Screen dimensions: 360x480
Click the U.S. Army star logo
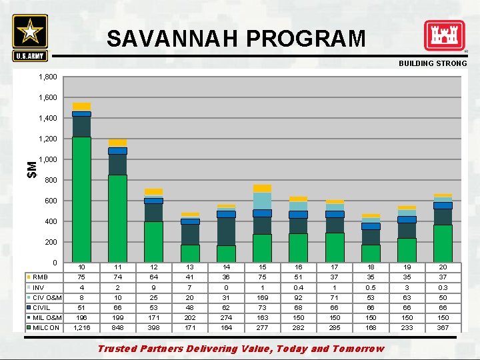[30, 33]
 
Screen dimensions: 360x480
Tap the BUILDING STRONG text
[433, 63]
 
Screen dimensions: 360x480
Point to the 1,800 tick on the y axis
[47, 77]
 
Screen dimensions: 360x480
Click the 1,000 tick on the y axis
[47, 160]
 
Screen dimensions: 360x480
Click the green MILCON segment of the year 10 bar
[81, 200]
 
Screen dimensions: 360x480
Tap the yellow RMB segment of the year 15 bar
[262, 189]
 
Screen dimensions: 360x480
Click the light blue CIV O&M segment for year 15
[262, 201]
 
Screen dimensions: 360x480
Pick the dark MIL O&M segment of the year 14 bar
[226, 231]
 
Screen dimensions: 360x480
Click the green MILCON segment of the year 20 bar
[443, 243]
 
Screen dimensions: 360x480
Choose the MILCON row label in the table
[46, 328]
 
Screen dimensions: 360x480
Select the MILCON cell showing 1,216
[81, 328]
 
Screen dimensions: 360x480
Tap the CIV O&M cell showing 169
[262, 297]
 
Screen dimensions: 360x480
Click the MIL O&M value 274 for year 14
[226, 318]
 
